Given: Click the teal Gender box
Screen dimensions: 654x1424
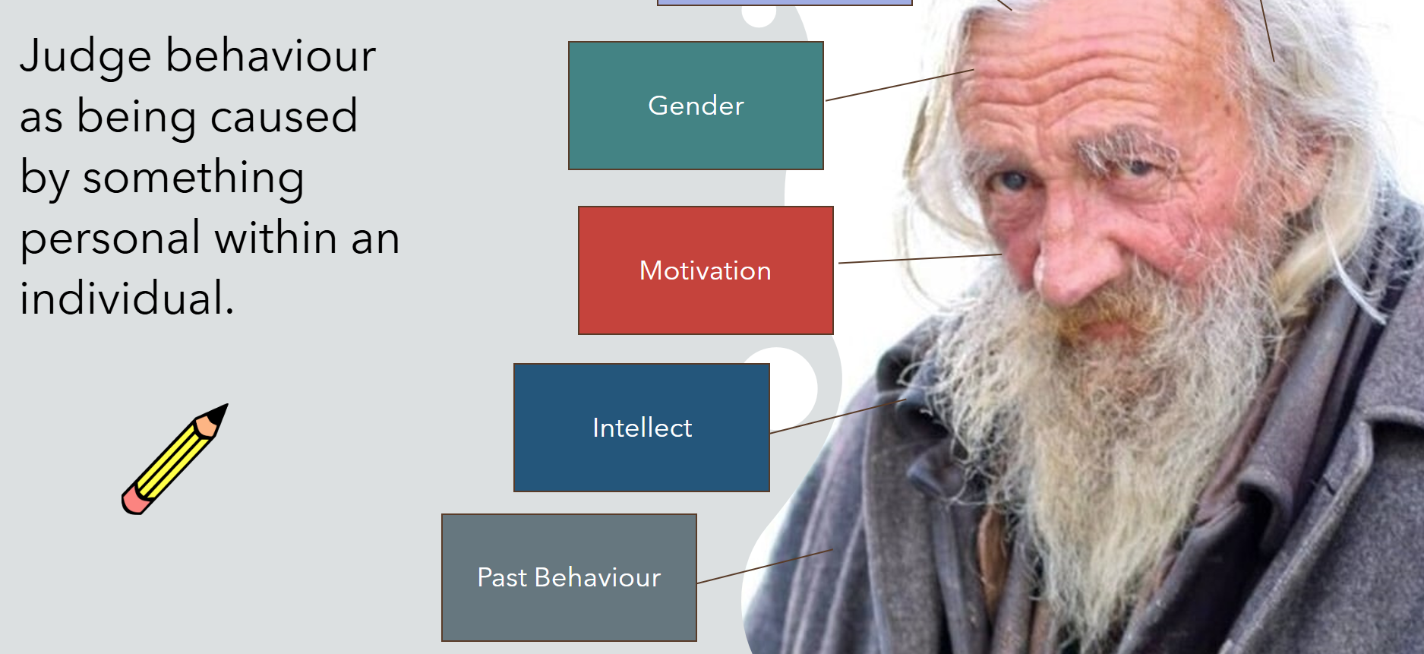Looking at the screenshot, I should [x=696, y=106].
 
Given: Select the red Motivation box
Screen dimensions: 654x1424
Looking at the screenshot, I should [x=706, y=270].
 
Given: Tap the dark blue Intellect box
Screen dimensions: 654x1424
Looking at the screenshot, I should [x=642, y=428].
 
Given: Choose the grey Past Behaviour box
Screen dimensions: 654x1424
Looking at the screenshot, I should [x=569, y=577].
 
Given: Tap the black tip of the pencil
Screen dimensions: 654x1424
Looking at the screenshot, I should [x=218, y=412].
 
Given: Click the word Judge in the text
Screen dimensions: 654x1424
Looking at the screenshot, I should [x=85, y=57].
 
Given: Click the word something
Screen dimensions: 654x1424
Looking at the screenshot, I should [x=193, y=178].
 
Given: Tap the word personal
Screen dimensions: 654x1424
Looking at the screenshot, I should [x=110, y=238].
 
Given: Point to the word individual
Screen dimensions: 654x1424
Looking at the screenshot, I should [x=126, y=298].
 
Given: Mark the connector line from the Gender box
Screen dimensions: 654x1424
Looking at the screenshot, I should [x=900, y=85].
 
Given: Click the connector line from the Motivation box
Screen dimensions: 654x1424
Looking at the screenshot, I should [x=920, y=259].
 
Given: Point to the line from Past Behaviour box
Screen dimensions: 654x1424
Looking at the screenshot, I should [x=765, y=567].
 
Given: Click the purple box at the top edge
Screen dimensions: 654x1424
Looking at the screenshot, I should [x=784, y=2].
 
